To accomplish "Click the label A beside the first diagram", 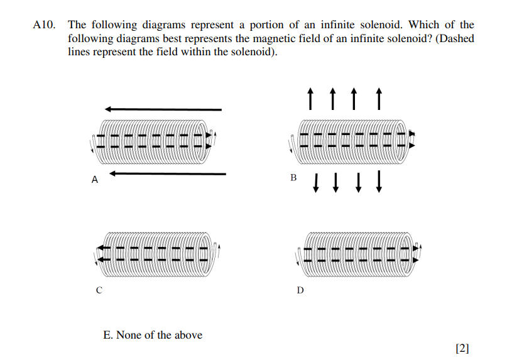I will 95,180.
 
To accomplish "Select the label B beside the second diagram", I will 293,178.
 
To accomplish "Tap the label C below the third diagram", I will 99,291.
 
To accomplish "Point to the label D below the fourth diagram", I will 300,291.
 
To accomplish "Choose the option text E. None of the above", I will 153,335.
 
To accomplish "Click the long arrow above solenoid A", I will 163,109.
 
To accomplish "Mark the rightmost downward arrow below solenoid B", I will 379,183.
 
